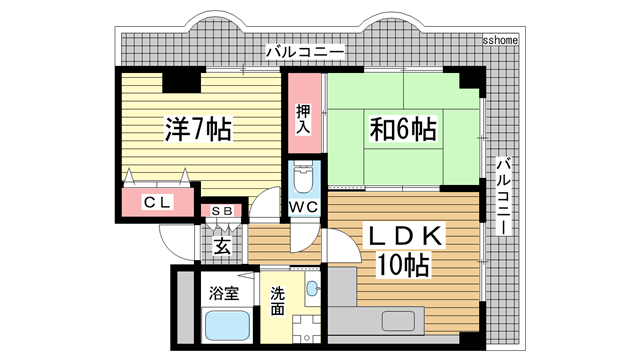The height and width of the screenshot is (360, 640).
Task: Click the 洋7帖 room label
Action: (x=198, y=128)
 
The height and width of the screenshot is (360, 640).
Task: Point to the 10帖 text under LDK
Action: (x=403, y=266)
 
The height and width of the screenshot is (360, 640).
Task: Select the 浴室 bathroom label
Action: (x=223, y=294)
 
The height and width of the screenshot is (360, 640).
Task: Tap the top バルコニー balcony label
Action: (x=306, y=51)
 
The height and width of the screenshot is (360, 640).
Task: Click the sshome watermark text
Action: (x=501, y=41)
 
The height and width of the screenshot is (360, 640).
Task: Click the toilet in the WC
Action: (x=305, y=180)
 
